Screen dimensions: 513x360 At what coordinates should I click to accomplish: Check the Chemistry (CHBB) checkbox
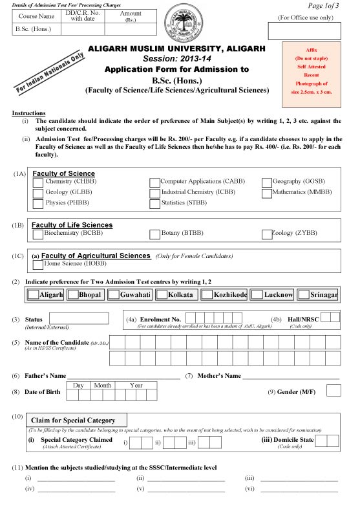(x=38, y=183)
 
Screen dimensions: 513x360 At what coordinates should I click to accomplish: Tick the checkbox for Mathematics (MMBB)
(x=268, y=193)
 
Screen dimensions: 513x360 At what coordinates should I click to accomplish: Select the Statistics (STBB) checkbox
(x=154, y=204)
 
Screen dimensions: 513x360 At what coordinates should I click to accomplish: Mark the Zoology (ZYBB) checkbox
(x=268, y=234)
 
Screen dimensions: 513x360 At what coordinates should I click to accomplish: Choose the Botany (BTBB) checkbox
(x=154, y=234)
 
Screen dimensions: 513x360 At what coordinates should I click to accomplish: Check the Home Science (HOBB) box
(x=38, y=264)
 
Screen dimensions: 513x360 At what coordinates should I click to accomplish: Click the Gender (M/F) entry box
(x=334, y=390)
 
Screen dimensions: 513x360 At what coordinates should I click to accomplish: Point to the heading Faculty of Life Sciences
(x=72, y=225)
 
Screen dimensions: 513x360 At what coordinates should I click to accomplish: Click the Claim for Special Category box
(x=76, y=420)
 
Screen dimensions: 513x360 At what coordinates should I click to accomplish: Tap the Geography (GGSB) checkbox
(x=268, y=183)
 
